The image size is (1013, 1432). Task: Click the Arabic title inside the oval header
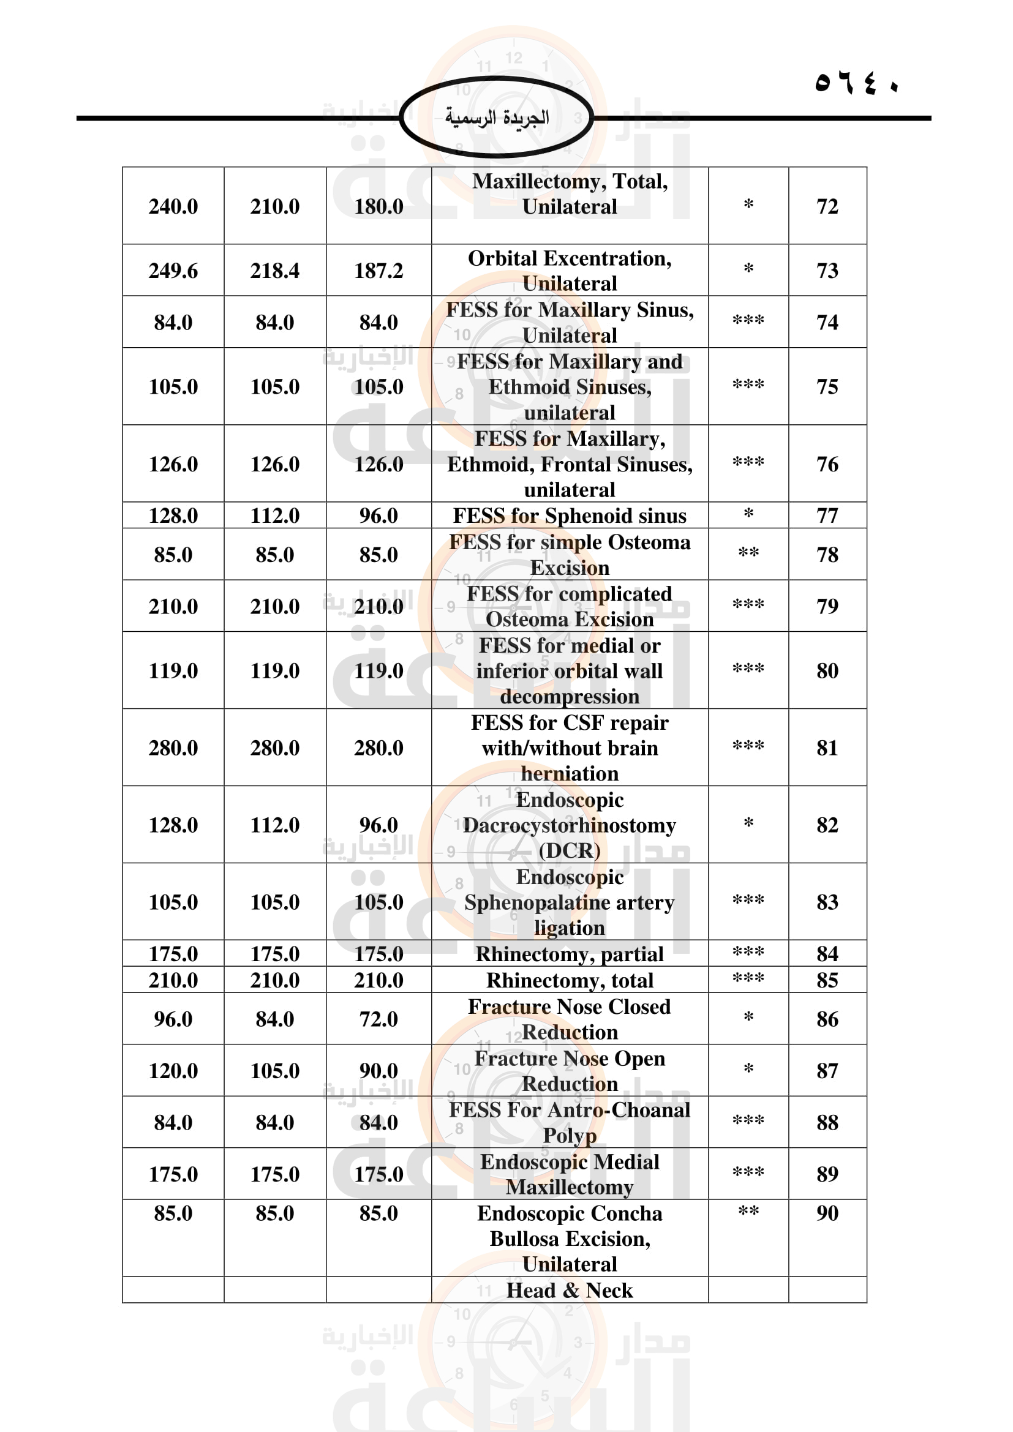pos(497,118)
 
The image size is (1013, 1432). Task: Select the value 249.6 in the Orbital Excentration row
pos(173,271)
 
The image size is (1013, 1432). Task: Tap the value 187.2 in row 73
pos(378,271)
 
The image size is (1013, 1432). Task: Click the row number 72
pos(827,206)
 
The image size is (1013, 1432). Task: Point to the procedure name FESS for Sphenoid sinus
pos(569,515)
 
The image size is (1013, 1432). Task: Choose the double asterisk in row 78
pos(748,553)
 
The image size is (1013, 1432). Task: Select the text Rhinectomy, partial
pos(569,954)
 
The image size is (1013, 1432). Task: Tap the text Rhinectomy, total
pos(569,980)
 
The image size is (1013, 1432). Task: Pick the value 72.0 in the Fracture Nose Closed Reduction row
pos(378,1019)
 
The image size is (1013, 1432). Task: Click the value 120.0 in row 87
pos(173,1071)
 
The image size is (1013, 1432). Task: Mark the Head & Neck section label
pos(569,1291)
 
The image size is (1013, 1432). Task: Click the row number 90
pos(827,1213)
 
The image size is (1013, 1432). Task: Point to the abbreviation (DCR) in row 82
pos(569,851)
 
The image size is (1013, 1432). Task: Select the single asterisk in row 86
pos(748,1018)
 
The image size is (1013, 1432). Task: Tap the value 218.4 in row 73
pos(274,271)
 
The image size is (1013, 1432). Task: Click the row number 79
pos(827,606)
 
